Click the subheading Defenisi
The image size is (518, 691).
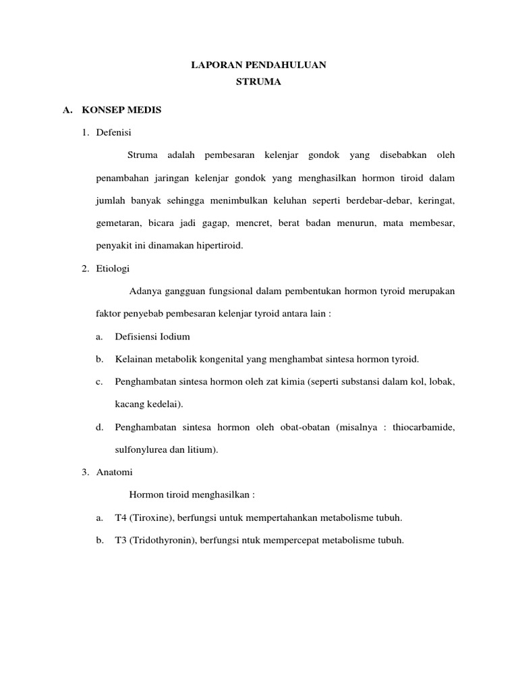pos(115,132)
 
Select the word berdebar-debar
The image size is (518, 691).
pos(382,201)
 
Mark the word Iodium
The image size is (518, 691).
pos(173,337)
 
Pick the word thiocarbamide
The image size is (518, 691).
pos(420,427)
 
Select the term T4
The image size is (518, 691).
pos(121,518)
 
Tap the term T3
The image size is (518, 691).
pos(121,541)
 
